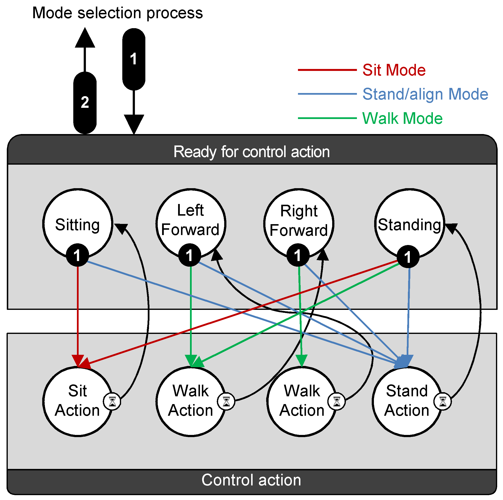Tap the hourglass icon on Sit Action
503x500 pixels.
point(112,401)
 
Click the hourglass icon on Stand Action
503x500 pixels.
point(443,401)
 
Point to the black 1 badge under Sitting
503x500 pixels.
point(77,255)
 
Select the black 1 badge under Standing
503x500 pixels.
point(408,257)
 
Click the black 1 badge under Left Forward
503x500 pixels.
point(190,255)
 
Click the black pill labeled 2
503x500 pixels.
point(85,103)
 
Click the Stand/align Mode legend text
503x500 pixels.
point(425,94)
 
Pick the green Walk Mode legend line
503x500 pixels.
point(327,118)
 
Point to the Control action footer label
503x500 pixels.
point(251,480)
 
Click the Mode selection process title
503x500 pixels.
point(117,13)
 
